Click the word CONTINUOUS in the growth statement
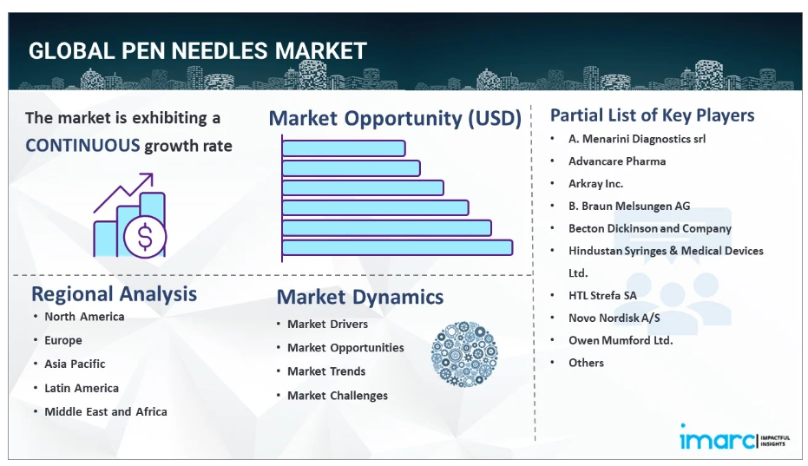82,146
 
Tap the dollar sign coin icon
145,237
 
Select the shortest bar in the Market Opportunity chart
344,148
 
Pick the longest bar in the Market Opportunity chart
397,247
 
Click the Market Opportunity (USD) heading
395,118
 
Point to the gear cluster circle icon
464,354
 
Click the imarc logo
734,438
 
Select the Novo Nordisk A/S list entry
614,318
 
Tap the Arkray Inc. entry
595,183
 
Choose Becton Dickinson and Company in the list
650,228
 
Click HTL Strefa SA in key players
602,295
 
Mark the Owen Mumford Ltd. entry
621,340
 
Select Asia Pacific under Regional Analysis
75,364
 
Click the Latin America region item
82,388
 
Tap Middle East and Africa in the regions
106,411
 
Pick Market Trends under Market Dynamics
326,371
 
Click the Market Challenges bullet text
338,396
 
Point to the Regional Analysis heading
114,294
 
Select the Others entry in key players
586,363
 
